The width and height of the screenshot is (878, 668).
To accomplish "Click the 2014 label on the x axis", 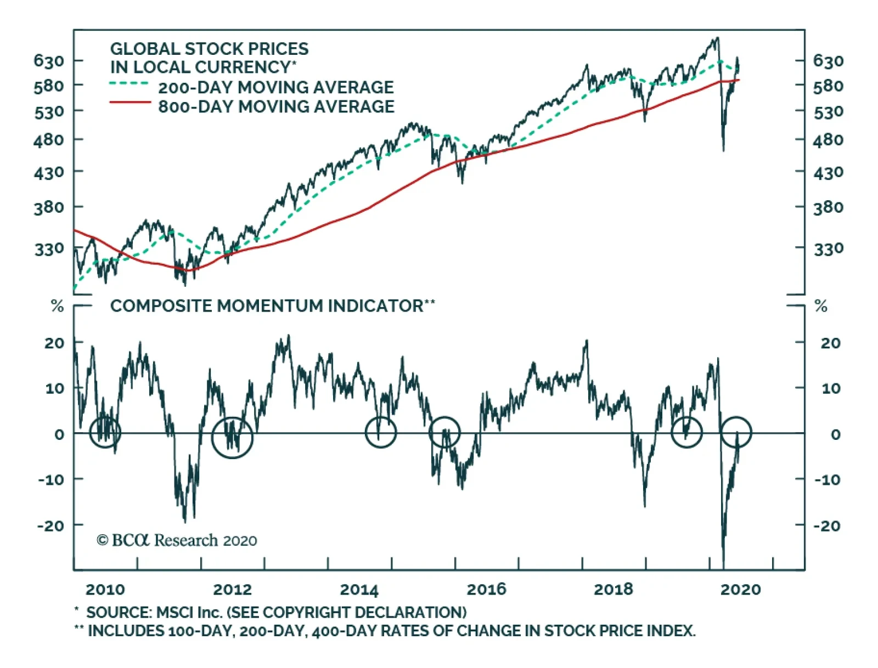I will point(359,590).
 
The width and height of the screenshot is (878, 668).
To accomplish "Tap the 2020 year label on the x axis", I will point(740,590).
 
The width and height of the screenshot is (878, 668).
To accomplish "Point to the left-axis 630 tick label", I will point(49,60).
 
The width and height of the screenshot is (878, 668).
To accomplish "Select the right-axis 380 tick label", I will point(828,207).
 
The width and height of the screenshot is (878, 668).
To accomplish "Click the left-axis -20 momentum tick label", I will point(50,525).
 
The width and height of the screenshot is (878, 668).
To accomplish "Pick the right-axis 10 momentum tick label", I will point(830,388).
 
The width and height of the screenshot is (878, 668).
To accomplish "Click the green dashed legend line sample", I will point(129,84).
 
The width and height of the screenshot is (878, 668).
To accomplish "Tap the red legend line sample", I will point(130,103).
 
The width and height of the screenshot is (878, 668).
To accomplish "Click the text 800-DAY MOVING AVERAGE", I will point(276,106).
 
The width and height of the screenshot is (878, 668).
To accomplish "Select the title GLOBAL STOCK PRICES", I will point(209,49).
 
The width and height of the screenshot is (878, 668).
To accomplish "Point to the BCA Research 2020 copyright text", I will point(177,541).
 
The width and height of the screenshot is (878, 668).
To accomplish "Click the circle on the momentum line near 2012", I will point(232,437).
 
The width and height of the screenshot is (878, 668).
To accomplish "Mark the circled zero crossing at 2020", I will point(735,432).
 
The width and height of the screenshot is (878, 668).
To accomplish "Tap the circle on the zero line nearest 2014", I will point(380,432).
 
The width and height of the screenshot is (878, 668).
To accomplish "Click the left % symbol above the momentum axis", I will point(57,306).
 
